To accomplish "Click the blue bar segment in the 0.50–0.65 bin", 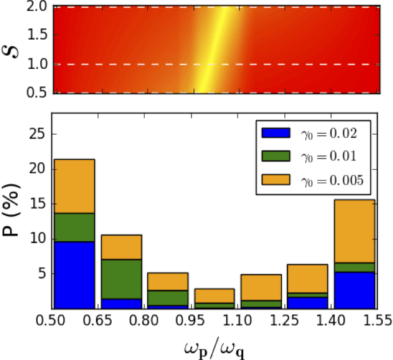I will click(73, 275).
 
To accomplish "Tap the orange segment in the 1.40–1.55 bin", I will click(354, 231).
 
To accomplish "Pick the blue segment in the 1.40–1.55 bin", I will click(354, 290).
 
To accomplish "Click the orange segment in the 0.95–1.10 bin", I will click(214, 296).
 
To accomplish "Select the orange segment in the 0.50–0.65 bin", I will click(73, 186).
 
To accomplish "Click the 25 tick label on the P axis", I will click(39, 134).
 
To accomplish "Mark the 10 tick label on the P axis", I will click(39, 239).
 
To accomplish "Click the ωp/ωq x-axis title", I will click(215, 345).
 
